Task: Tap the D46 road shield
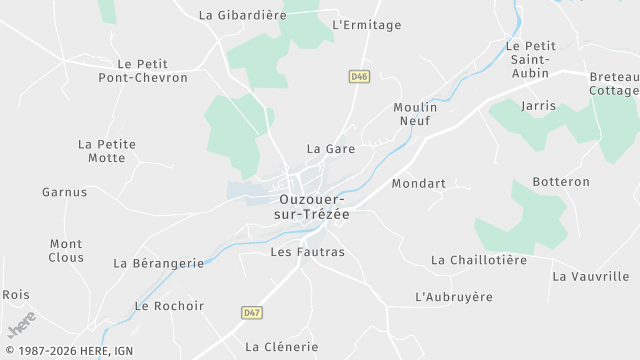pos(359,76)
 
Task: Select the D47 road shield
pos(252,313)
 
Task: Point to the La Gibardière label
pos(243,15)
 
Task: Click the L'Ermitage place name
pos(366,25)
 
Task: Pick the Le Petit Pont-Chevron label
pos(152,70)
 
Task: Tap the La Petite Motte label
pos(107,151)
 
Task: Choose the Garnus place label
pos(64,192)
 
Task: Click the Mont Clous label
pos(66,250)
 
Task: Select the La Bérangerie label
pos(158,263)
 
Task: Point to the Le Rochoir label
pos(169,306)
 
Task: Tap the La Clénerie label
pos(281,347)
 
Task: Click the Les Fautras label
pos(307,252)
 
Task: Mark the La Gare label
pos(331,149)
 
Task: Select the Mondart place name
pos(418,184)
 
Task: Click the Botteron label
pos(562,182)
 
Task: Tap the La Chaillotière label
pos(478,260)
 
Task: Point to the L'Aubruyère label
pos(454,297)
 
